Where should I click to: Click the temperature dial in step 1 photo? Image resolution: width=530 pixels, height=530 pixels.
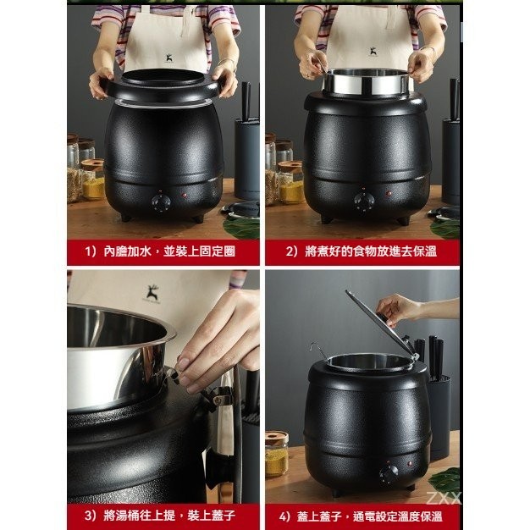(x=161, y=203)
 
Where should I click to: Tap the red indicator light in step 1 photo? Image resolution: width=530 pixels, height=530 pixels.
(x=185, y=196)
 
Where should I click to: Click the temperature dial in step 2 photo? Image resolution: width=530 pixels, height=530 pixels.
(x=364, y=202)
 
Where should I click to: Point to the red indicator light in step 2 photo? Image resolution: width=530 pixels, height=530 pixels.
(x=389, y=194)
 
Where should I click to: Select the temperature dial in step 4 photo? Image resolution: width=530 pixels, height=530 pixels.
(x=389, y=474)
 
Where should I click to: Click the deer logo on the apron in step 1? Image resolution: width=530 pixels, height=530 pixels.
(x=169, y=58)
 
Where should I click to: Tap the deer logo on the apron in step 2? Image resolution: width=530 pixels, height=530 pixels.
(x=373, y=52)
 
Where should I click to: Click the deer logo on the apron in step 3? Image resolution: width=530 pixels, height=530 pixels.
(x=152, y=292)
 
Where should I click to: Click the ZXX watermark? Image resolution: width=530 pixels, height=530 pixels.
(x=444, y=498)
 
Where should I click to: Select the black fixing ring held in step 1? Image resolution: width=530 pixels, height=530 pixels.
(x=163, y=87)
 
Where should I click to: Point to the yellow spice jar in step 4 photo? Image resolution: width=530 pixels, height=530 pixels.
(x=277, y=454)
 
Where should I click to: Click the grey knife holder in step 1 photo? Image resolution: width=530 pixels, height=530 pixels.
(x=247, y=159)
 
